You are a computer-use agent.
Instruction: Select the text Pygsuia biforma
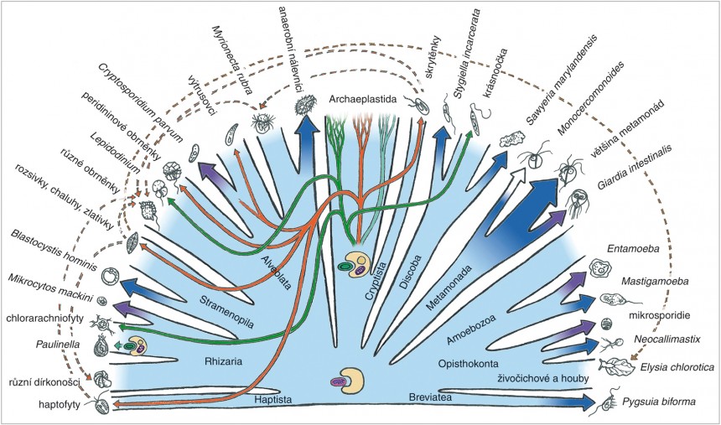[x=659, y=402]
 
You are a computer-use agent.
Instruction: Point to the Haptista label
[x=272, y=401]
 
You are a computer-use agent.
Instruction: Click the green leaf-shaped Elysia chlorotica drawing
[x=615, y=366]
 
